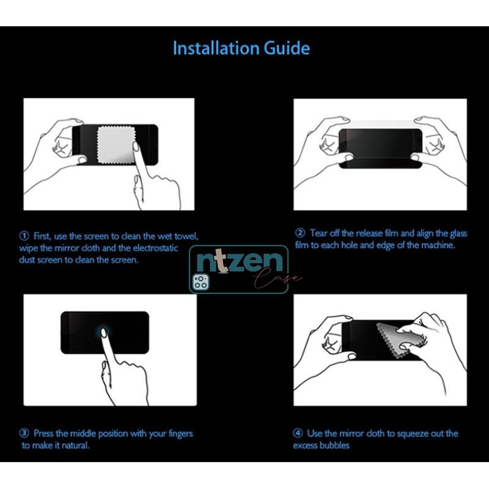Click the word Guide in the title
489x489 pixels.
pyautogui.click(x=289, y=48)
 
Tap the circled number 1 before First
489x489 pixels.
pyautogui.click(x=24, y=236)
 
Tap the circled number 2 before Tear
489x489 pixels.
pyautogui.click(x=300, y=233)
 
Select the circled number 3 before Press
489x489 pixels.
pyautogui.click(x=24, y=433)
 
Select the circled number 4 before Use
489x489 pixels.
pyautogui.click(x=298, y=433)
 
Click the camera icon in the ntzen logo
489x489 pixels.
pyautogui.click(x=200, y=282)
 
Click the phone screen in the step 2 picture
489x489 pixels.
pyautogui.click(x=381, y=148)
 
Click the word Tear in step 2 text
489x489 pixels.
pyautogui.click(x=320, y=233)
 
